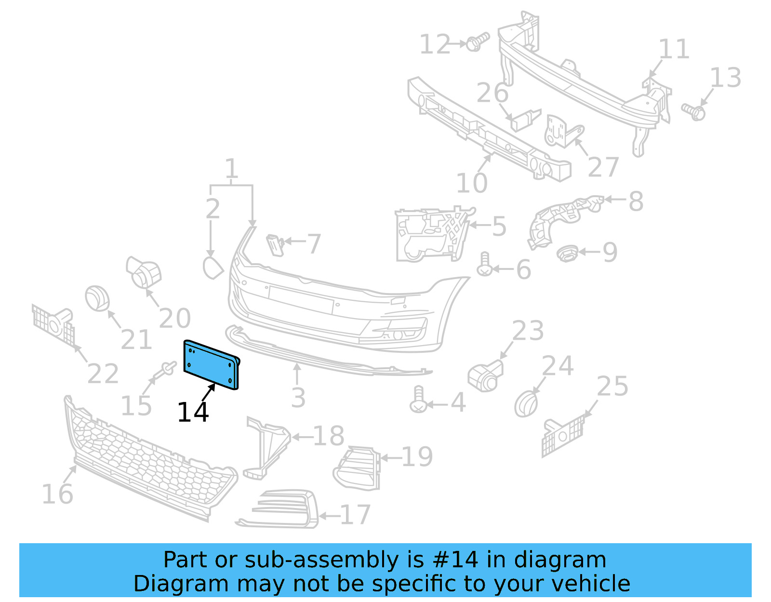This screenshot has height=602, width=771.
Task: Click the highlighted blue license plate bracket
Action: point(211,364)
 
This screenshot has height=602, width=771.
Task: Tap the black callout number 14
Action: point(193,413)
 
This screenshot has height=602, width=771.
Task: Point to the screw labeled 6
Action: point(484,265)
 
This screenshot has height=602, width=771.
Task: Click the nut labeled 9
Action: point(567,253)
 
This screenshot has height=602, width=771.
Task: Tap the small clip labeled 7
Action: point(275,244)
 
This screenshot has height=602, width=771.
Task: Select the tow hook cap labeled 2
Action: point(213,268)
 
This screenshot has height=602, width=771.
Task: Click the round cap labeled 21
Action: point(97,298)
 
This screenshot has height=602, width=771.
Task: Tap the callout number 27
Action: point(603,167)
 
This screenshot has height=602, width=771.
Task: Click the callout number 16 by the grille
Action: point(57,495)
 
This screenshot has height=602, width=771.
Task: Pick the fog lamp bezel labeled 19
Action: point(357,468)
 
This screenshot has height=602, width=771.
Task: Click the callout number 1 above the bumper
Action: point(231,169)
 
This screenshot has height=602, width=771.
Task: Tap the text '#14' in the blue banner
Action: point(455,560)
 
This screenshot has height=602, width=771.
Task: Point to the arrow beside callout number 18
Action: point(302,437)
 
